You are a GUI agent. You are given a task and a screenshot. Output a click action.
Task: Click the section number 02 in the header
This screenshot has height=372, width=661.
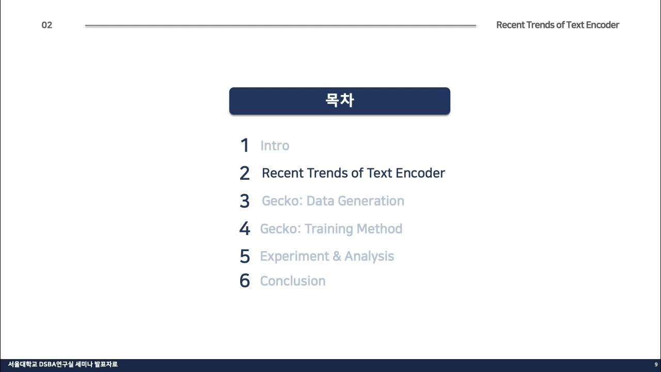(x=47, y=25)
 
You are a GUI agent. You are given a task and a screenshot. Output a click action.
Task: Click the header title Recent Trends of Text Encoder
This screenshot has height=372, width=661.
(x=557, y=25)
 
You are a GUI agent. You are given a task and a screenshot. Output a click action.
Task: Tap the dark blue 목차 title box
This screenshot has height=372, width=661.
(x=339, y=101)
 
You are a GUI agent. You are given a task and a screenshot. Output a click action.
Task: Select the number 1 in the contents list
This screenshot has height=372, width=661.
(x=245, y=146)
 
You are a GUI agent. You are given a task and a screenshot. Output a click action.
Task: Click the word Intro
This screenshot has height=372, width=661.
(x=275, y=146)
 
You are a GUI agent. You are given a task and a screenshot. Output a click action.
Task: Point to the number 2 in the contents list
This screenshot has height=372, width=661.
(x=245, y=173)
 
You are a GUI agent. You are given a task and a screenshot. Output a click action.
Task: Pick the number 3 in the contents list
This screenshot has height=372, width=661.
(x=245, y=201)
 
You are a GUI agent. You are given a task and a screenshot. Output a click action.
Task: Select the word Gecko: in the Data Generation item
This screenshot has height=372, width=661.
(x=282, y=201)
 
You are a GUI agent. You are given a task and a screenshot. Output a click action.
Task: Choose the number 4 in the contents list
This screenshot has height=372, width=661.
(x=245, y=228)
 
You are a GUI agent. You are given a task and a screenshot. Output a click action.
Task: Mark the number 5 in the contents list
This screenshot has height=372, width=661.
(x=245, y=256)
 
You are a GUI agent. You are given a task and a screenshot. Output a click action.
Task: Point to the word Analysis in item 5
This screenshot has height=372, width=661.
(x=369, y=256)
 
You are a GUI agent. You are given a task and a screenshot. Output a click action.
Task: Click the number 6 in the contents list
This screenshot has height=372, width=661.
(x=245, y=281)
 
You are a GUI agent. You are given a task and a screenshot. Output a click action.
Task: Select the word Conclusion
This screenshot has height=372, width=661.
(x=293, y=281)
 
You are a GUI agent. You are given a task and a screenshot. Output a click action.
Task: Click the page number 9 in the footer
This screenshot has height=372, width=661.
(x=656, y=365)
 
